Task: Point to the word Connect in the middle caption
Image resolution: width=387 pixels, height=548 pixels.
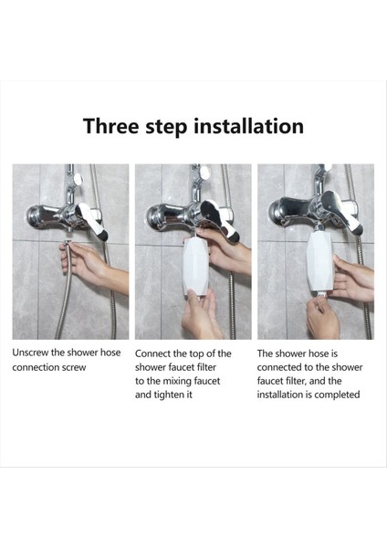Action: (157, 353)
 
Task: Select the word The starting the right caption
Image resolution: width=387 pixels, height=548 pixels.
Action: (267, 352)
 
